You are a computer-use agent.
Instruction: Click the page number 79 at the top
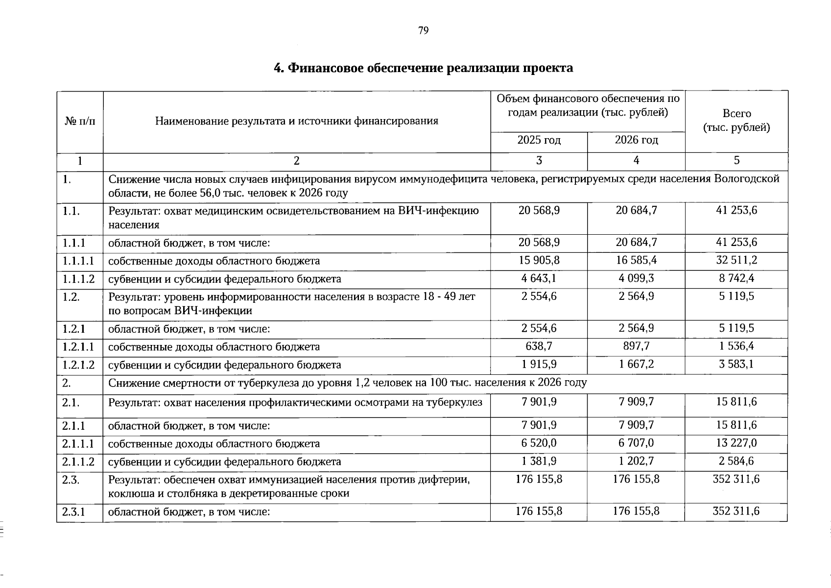[x=424, y=31]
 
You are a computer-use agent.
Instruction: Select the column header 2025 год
[x=539, y=141]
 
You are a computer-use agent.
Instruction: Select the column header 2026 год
[x=636, y=141]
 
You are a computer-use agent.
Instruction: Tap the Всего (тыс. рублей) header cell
[x=736, y=121]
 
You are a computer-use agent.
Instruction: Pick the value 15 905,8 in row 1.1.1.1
[x=539, y=260]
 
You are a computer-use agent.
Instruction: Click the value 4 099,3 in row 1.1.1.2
[x=636, y=279]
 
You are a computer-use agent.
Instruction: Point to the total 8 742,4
[x=736, y=279]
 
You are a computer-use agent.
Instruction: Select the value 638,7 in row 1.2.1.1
[x=539, y=346]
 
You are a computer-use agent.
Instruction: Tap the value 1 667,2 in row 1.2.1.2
[x=636, y=365]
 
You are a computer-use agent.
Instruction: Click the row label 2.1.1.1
[x=78, y=444]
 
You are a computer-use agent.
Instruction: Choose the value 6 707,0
[x=636, y=443]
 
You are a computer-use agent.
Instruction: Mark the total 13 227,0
[x=736, y=443]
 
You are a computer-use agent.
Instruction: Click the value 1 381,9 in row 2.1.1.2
[x=539, y=462]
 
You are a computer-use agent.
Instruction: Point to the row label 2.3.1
[x=74, y=512]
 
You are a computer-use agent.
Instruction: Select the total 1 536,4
[x=736, y=346]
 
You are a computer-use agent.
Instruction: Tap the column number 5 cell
[x=736, y=161]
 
